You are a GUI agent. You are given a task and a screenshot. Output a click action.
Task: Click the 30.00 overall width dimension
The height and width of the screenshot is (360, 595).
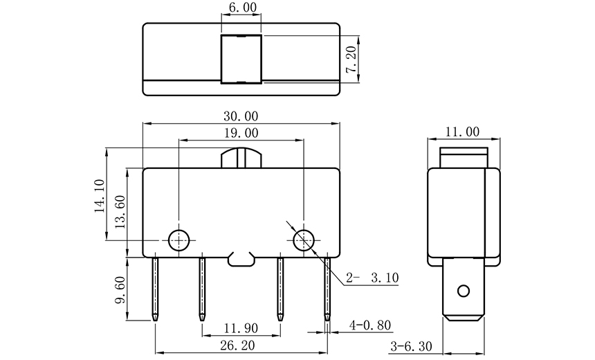[241, 116]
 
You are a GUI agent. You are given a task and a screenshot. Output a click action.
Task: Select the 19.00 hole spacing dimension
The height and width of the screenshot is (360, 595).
[241, 133]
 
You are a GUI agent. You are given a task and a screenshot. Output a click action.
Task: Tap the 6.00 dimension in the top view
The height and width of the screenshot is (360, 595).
[241, 8]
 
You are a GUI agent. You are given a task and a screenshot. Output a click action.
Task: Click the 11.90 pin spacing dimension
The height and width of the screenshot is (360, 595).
[241, 327]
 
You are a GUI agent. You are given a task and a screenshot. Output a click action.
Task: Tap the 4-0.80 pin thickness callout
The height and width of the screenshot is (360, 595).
[370, 323]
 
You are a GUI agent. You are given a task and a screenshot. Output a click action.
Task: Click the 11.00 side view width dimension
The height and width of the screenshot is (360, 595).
[463, 132]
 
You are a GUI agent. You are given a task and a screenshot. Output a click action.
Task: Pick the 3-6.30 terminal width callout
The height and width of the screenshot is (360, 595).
[412, 345]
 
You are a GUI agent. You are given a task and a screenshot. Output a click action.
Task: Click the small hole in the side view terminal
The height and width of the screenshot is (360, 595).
[464, 290]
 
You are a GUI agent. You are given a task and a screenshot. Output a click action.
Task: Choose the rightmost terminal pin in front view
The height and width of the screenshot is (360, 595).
[327, 289]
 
